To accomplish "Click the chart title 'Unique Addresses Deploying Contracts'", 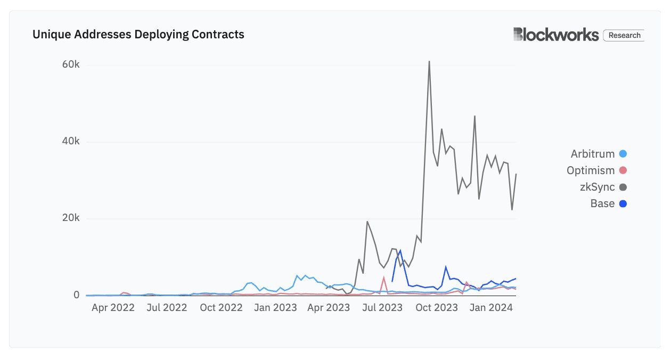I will click(x=138, y=35).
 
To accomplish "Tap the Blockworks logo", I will click(x=556, y=35).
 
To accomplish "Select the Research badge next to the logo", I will click(x=624, y=35).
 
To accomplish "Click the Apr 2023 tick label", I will click(x=329, y=308).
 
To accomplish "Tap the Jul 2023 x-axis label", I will click(x=382, y=308).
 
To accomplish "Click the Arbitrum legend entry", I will click(x=593, y=154).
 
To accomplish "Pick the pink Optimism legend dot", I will click(x=623, y=171).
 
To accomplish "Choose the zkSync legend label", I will click(x=597, y=187).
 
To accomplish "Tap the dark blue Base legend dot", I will click(x=623, y=204).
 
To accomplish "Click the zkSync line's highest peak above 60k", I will click(x=429, y=62).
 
